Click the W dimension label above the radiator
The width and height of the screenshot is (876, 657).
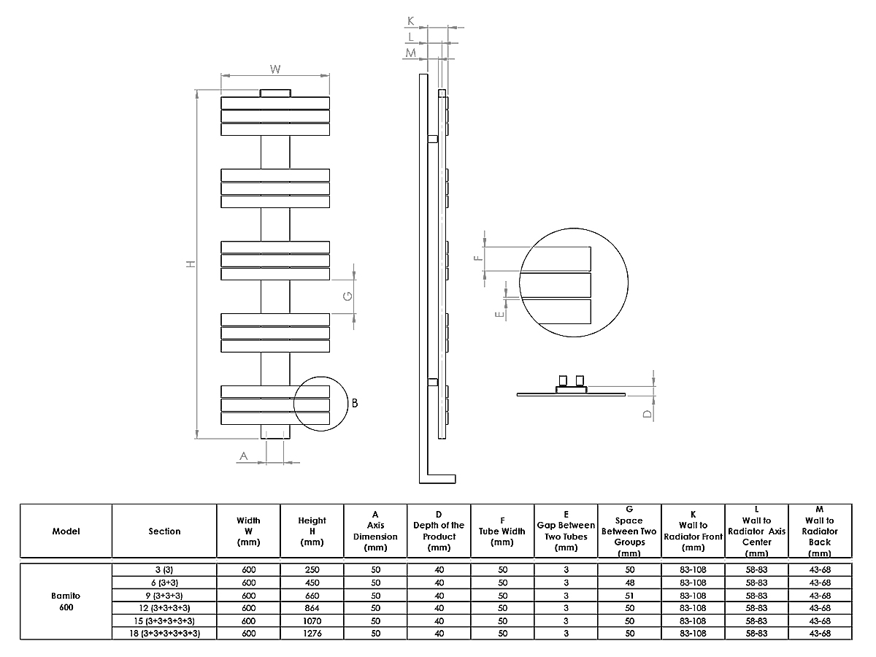(275, 69)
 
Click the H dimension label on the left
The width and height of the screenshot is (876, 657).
(191, 264)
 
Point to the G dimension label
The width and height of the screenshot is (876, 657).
(348, 296)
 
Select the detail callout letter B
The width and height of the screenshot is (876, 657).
(354, 403)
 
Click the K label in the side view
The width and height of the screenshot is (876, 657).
(411, 21)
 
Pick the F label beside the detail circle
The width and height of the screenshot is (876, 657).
(478, 257)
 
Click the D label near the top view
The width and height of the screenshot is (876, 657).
(646, 413)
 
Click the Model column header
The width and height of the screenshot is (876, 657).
(66, 531)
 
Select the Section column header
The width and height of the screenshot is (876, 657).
(164, 531)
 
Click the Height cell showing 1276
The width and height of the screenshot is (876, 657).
(312, 634)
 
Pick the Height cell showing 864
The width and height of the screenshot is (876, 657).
(312, 607)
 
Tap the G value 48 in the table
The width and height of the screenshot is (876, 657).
(629, 583)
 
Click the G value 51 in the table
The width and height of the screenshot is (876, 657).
(629, 595)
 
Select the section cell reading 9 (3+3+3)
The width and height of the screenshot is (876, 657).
(164, 595)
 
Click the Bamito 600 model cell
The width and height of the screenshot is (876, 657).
(66, 601)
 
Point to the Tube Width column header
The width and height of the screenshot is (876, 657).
(502, 531)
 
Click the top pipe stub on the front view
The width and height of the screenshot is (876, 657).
(274, 93)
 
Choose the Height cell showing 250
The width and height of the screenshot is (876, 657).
(312, 569)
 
